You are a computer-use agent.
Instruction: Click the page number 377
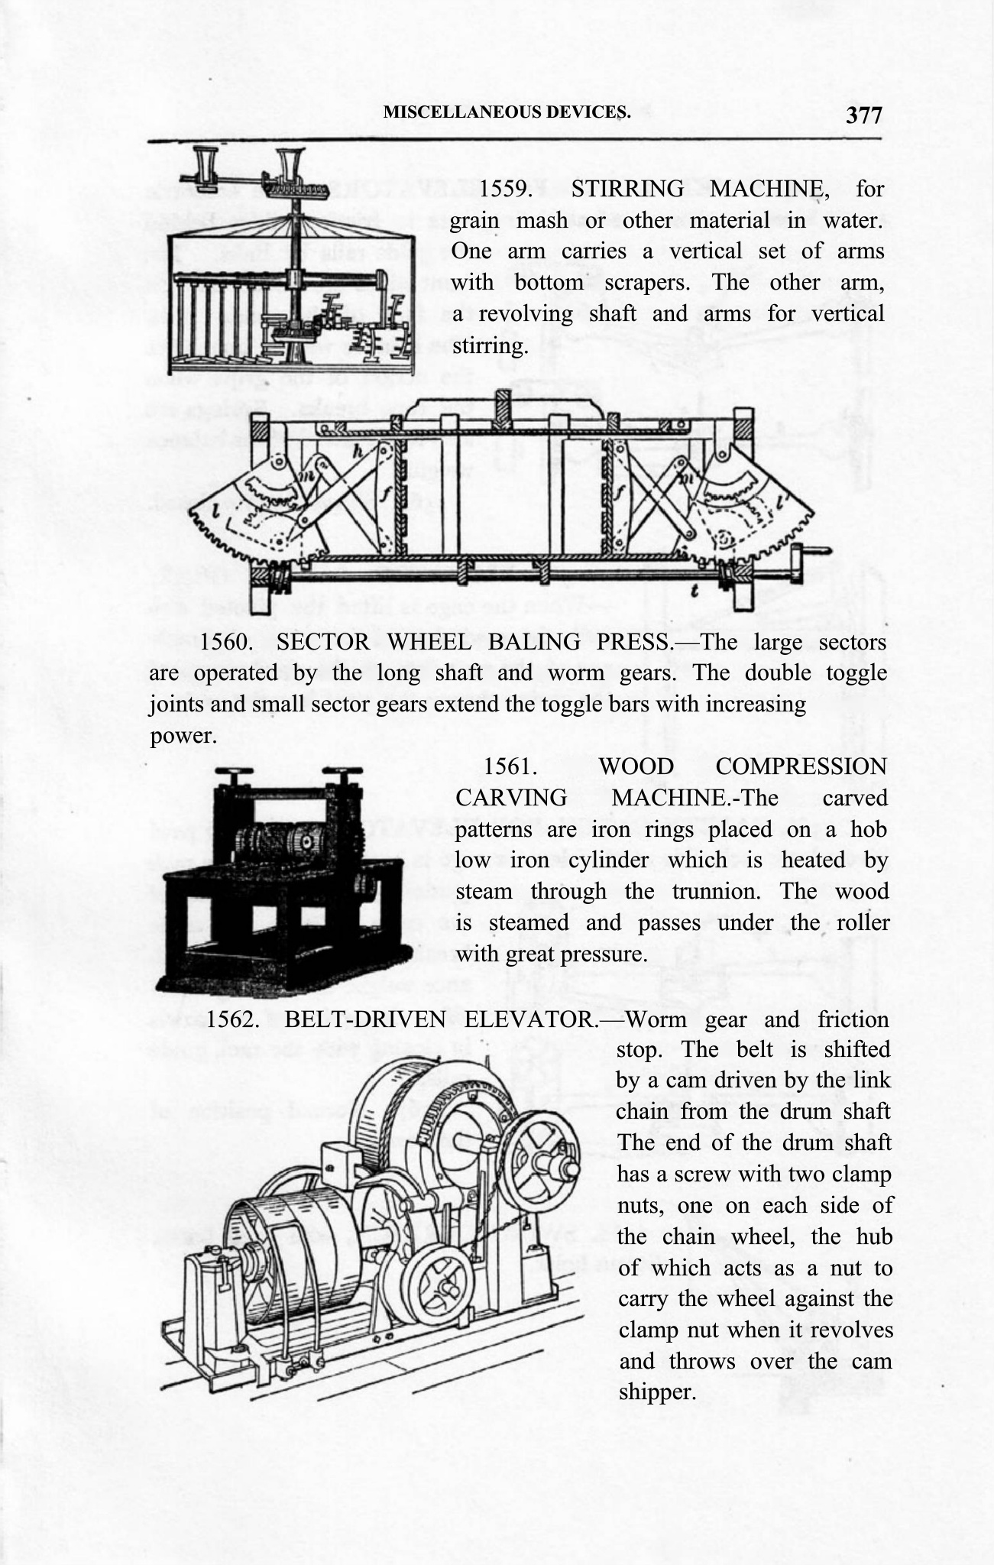pos(863,115)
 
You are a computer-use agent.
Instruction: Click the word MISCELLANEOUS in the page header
pos(458,112)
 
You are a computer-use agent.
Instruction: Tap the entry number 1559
pos(504,188)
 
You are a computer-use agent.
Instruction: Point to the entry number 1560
pos(226,642)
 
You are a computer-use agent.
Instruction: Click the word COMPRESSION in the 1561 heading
pos(801,766)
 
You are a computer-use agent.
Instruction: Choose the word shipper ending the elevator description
pos(656,1392)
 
